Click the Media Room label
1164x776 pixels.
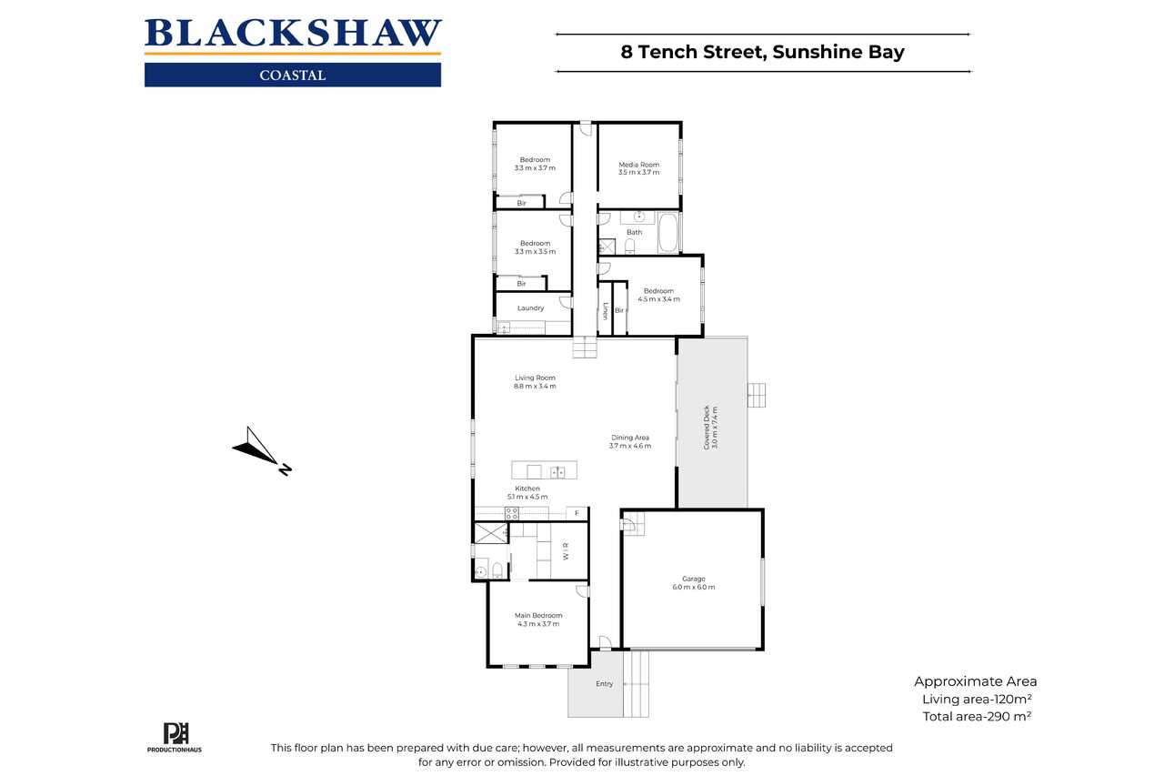tap(638, 165)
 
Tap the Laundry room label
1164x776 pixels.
tap(530, 308)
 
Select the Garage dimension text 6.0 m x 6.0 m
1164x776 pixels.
tap(693, 588)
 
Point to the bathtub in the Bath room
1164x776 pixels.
tap(667, 232)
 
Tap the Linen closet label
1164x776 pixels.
tap(605, 311)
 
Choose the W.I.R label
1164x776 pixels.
tap(566, 551)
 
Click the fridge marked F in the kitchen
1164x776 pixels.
tap(577, 513)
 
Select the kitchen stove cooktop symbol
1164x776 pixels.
tap(512, 513)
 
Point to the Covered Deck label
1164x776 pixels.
tap(707, 428)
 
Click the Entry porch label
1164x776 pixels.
tap(605, 684)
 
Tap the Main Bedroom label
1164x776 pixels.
tap(538, 615)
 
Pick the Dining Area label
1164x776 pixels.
tap(630, 438)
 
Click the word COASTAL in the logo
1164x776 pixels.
tap(293, 76)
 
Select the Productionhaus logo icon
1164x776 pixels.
tap(176, 733)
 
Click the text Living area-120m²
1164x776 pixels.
tap(977, 699)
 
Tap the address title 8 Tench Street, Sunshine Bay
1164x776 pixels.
tap(762, 52)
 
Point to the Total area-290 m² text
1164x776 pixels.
tap(977, 717)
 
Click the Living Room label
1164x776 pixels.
tap(535, 378)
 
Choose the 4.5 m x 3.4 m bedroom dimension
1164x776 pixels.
tap(658, 299)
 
